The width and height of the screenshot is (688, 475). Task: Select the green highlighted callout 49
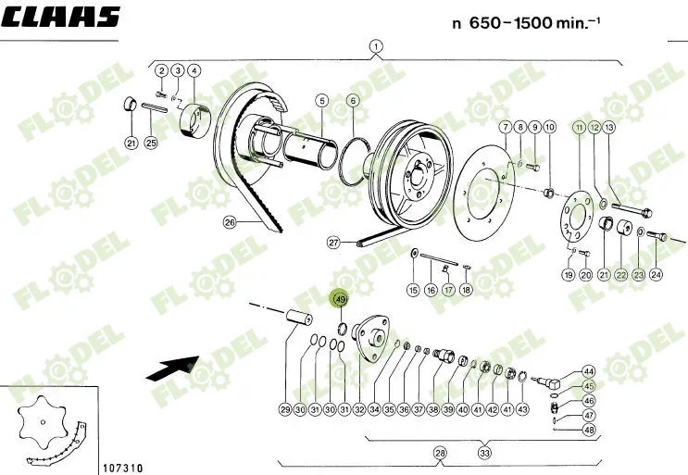[x=340, y=299]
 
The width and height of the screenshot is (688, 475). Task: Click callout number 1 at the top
[x=376, y=45]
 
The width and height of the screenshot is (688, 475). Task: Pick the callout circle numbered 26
[x=231, y=221]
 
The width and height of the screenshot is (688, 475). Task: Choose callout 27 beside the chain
[x=334, y=243]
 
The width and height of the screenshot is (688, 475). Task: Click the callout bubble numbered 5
[x=322, y=100]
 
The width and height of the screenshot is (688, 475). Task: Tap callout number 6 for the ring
[x=353, y=100]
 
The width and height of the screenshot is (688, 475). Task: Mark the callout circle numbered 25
[x=152, y=143]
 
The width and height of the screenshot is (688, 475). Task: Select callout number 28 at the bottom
[x=440, y=453]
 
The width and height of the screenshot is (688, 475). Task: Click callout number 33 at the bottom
[x=484, y=453]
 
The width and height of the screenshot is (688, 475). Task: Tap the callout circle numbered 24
[x=656, y=275]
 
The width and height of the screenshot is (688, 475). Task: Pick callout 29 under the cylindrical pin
[x=285, y=408]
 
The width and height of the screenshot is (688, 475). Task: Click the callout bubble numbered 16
[x=432, y=290]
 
